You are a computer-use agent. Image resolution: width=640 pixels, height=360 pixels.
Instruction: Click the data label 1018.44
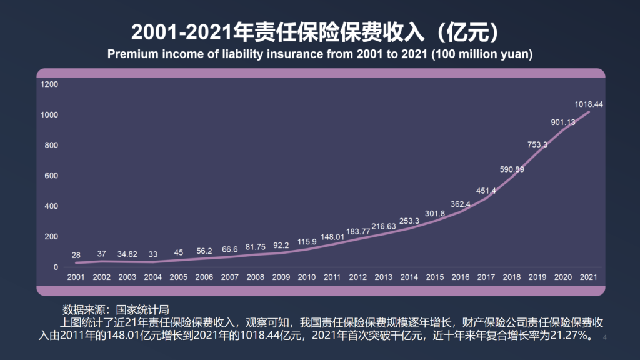coord(589,104)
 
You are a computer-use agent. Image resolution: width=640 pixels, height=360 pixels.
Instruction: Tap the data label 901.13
coord(563,122)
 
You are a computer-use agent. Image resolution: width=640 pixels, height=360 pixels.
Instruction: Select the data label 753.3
coord(537,144)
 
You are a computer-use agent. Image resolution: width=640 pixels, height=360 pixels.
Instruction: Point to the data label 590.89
coord(512,169)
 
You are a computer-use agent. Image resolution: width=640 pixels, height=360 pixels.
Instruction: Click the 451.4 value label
coord(486,191)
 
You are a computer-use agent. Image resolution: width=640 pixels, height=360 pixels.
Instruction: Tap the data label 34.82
coord(127,254)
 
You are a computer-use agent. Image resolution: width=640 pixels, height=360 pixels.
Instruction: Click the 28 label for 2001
coord(76,255)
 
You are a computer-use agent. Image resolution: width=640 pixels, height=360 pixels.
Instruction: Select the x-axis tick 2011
coord(332,277)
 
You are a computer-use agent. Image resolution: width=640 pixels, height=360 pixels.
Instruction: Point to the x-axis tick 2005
coord(179,277)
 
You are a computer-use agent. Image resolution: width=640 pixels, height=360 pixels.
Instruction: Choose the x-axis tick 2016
coord(461,277)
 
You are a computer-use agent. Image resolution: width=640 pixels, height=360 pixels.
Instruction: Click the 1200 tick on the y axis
coord(49,84)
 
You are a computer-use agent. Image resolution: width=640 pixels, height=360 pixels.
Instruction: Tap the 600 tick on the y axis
coord(51,176)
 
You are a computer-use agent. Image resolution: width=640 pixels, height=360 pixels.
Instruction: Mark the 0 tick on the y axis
coord(56,267)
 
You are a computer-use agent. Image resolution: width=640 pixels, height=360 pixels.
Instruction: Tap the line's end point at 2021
coord(589,112)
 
